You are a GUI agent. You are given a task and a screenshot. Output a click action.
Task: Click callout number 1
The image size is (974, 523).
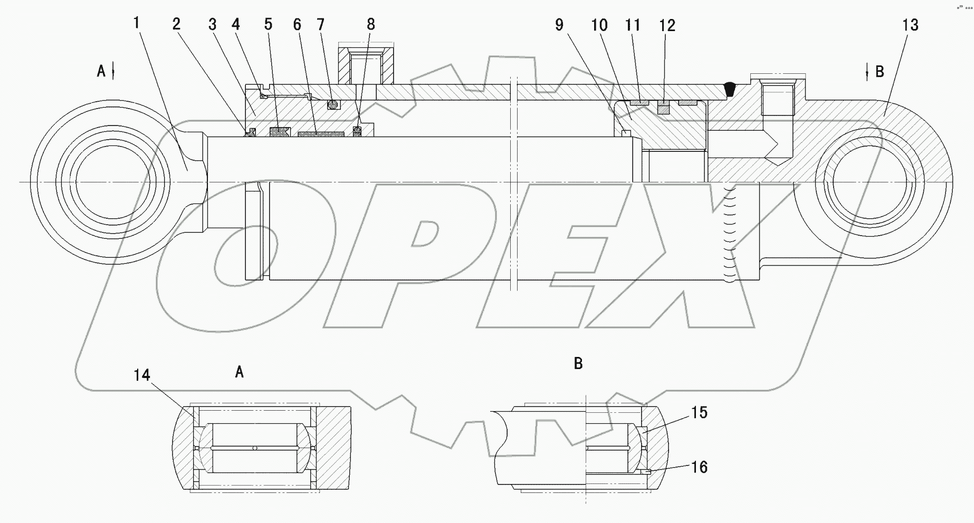[136, 23]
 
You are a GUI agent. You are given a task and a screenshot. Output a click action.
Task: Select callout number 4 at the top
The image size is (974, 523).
[235, 25]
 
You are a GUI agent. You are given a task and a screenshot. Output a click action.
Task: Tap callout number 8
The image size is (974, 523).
[371, 25]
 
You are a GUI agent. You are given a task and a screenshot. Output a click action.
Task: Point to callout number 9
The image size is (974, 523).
[559, 25]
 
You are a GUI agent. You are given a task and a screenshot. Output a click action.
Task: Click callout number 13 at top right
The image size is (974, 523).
[910, 25]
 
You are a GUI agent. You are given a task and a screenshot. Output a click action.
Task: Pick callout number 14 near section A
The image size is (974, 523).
[141, 375]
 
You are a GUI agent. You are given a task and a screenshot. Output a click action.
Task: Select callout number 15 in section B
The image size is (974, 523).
[699, 412]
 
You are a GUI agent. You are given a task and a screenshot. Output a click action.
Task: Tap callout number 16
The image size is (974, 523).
[699, 467]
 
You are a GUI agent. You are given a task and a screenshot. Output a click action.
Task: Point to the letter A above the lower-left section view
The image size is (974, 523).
[239, 372]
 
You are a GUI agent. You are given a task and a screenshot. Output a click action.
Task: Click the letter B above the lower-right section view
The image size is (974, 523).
[578, 363]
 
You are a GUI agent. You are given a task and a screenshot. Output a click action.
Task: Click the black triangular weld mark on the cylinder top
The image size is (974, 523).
[730, 90]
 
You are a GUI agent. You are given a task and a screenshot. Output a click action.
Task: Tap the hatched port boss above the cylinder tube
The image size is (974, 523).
[366, 66]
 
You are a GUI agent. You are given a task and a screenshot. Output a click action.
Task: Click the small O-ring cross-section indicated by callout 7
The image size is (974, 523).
[332, 105]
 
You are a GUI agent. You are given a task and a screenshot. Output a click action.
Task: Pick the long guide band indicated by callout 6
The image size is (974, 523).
[321, 134]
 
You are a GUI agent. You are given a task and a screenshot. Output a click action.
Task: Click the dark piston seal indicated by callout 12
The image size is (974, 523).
[663, 108]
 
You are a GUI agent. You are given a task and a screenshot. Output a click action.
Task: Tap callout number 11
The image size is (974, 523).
[633, 25]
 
